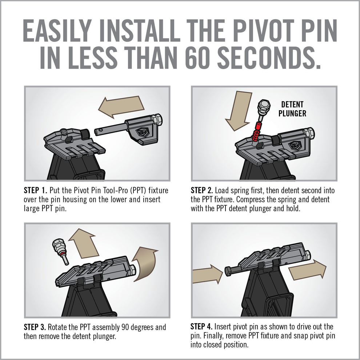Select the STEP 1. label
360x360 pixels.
[x=36, y=191]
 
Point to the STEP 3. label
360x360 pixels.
[x=36, y=327]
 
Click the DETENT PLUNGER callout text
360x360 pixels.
[x=292, y=109]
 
